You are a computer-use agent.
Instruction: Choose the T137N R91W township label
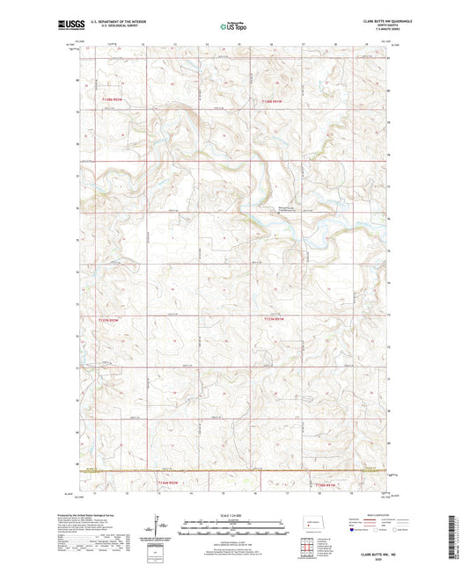click(275, 320)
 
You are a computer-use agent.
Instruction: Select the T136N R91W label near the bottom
click(325, 483)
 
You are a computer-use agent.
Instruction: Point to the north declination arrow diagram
click(158, 528)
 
